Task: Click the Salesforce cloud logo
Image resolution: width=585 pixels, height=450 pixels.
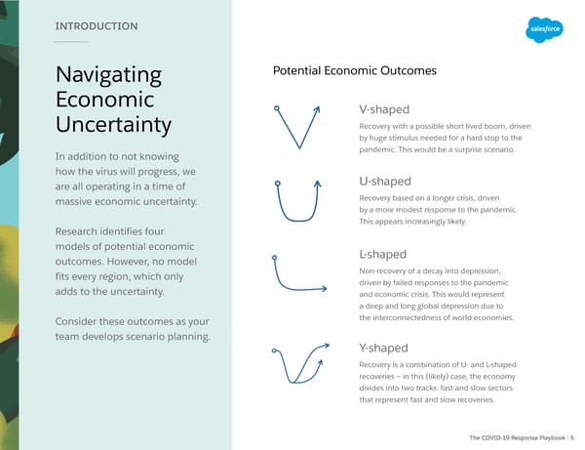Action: pyautogui.click(x=544, y=29)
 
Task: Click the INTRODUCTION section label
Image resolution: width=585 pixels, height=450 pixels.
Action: pyautogui.click(x=97, y=26)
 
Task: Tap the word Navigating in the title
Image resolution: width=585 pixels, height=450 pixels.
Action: pyautogui.click(x=108, y=75)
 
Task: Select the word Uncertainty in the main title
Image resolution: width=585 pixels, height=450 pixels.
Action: pyautogui.click(x=113, y=124)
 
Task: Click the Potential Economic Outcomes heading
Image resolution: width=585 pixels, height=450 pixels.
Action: pyautogui.click(x=355, y=70)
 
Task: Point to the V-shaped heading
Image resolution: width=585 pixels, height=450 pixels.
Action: pyautogui.click(x=384, y=109)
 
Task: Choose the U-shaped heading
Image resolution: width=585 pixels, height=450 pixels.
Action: pyautogui.click(x=385, y=182)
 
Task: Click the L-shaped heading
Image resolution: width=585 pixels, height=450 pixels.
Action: pyautogui.click(x=383, y=255)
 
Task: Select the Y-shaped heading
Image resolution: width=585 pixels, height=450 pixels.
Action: pyautogui.click(x=383, y=348)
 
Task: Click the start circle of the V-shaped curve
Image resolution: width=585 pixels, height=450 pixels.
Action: pyautogui.click(x=277, y=108)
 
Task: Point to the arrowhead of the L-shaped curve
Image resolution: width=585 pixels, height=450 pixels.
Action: pyautogui.click(x=324, y=288)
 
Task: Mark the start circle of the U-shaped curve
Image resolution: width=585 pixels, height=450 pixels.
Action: pyautogui.click(x=278, y=184)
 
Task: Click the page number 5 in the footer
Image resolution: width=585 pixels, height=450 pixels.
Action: pyautogui.click(x=572, y=437)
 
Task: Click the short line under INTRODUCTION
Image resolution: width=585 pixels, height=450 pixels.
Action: pyautogui.click(x=71, y=42)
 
